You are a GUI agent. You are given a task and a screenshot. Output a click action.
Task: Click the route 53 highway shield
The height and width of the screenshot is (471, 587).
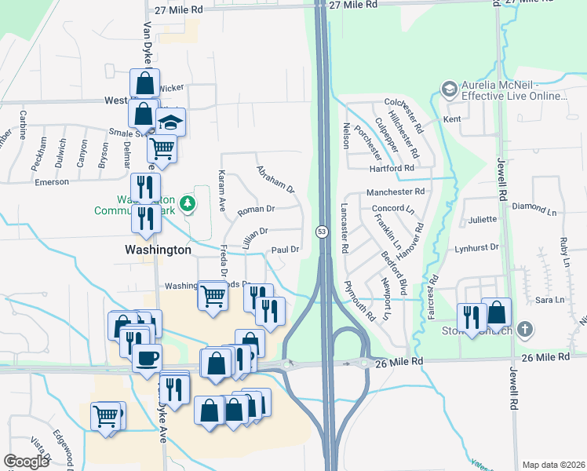(323, 232)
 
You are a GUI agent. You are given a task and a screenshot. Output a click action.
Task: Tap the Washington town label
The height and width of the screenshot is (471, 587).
(158, 249)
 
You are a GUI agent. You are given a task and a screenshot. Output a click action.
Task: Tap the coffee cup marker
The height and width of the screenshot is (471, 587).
(147, 359)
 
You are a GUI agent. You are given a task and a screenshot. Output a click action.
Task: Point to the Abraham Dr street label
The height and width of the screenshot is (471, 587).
(275, 179)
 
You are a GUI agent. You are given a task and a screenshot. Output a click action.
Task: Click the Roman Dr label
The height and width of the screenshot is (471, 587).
(256, 210)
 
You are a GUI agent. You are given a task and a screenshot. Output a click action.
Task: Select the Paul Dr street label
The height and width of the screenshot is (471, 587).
(285, 250)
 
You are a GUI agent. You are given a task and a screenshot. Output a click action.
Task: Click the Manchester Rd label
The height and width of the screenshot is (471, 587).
(396, 191)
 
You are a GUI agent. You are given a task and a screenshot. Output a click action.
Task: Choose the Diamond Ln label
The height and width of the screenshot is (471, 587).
(532, 206)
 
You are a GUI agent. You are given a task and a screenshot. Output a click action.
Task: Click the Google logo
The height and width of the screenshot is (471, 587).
(26, 462)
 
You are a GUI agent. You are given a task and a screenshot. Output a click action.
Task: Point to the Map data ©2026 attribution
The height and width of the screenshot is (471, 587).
(553, 465)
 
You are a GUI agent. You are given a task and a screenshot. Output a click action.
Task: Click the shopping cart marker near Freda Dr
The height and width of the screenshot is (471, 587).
(213, 296)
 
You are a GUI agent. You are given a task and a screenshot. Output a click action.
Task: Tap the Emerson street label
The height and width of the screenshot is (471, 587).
(52, 182)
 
